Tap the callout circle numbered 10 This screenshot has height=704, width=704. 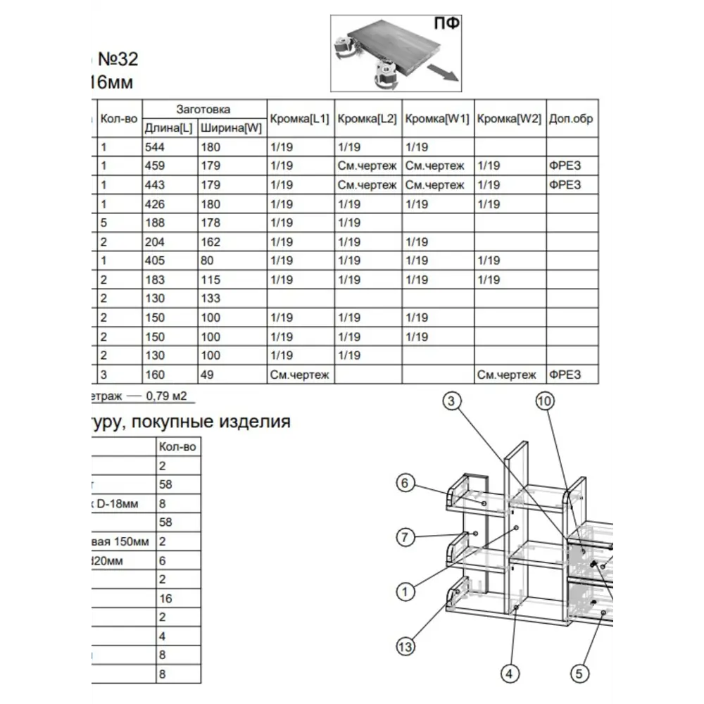coord(543,401)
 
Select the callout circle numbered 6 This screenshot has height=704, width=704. coord(404,483)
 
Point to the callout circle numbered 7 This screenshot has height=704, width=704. coord(404,537)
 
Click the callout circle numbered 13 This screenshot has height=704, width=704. coord(406,646)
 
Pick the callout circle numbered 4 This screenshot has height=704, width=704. coord(510,674)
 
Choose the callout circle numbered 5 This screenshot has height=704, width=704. coord(579,674)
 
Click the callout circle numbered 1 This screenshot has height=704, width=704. coord(404,591)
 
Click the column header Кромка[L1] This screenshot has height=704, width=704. coord(299,119)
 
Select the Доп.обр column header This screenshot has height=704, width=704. coord(571,119)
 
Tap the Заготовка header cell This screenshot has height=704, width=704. coord(203,109)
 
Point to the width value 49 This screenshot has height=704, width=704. coord(206,375)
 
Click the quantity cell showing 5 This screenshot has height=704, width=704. coord(103,223)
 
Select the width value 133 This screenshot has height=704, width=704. coord(210,298)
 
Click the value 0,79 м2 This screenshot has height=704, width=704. coord(166,396)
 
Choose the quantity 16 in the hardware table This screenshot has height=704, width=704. coord(165,598)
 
